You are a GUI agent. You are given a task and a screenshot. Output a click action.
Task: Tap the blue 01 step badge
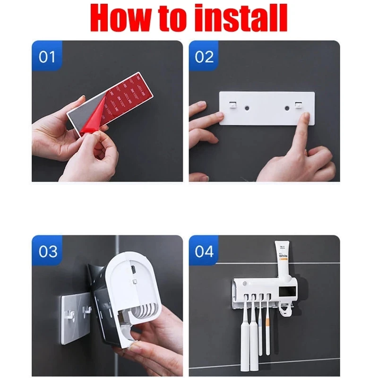coord(47,58)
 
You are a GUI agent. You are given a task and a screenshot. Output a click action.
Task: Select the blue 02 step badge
coord(204,58)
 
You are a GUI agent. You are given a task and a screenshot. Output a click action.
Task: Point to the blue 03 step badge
coord(47,251)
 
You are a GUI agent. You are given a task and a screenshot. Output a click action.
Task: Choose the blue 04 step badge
coord(204,251)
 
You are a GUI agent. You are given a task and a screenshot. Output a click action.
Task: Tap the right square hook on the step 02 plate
coord(298,104)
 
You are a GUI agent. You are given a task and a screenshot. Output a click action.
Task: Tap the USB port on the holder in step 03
coord(134,271)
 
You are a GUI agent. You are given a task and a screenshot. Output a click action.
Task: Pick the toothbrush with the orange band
coord(267,326)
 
